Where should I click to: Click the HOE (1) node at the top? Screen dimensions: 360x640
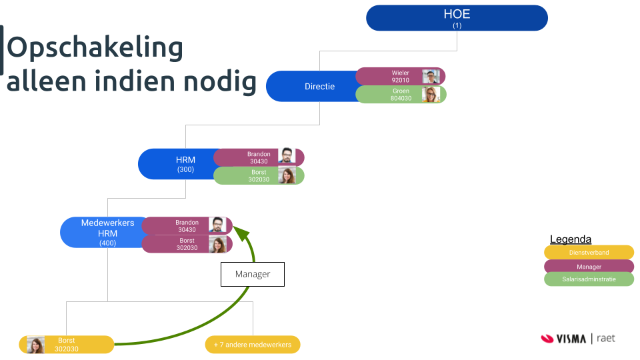(x=457, y=18)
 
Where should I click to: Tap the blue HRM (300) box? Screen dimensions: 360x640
(x=177, y=164)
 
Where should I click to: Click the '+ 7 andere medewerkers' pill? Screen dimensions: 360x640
(x=253, y=345)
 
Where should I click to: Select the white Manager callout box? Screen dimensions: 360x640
(x=253, y=274)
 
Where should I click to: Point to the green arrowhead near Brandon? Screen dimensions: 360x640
(x=241, y=233)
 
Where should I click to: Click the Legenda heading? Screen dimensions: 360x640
(x=571, y=239)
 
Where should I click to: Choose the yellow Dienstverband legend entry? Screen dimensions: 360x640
(x=589, y=253)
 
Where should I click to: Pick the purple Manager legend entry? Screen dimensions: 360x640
(x=589, y=267)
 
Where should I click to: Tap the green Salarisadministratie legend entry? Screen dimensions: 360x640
(x=589, y=279)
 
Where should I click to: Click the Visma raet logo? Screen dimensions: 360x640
(x=578, y=339)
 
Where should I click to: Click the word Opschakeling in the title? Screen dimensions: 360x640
(x=95, y=47)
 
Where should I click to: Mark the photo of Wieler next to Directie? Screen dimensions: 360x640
(x=431, y=76)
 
